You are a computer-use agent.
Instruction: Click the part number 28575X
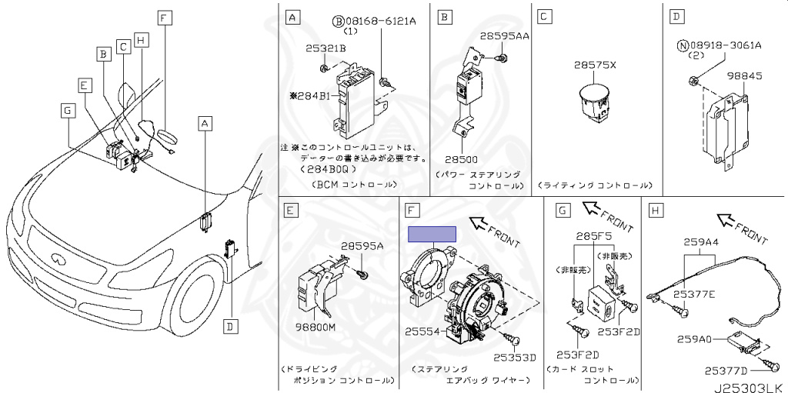(x=595, y=66)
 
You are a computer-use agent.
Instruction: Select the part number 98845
(x=743, y=77)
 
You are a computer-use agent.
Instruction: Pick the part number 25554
(x=422, y=331)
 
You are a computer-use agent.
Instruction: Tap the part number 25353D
(x=514, y=357)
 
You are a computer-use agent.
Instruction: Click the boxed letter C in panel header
(x=543, y=15)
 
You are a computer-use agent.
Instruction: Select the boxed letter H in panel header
(x=656, y=209)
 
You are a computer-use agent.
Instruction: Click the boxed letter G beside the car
(x=68, y=111)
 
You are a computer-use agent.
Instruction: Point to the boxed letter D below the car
(x=229, y=327)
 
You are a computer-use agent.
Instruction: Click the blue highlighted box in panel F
(x=432, y=235)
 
